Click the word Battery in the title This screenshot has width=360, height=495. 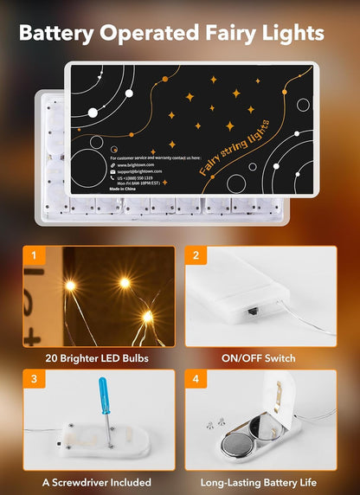pos(60,34)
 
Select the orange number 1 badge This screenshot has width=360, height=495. pos(32,255)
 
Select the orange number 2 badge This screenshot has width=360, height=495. pos(196,255)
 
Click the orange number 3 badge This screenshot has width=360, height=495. pos(32,379)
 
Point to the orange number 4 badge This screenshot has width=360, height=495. pos(196,379)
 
